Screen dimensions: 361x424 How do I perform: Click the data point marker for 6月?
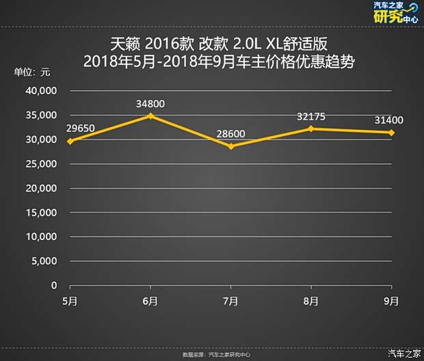point(150,116)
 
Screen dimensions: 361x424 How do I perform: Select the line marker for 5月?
point(70,141)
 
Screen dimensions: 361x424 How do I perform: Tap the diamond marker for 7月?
point(230,146)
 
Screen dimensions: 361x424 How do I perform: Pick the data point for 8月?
point(311,129)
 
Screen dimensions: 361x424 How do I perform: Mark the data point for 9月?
point(391,133)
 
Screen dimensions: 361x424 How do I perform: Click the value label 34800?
point(150,104)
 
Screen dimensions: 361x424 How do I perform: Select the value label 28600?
point(230,133)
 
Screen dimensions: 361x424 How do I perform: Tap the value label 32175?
point(311,116)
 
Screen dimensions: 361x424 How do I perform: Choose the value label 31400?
point(388,120)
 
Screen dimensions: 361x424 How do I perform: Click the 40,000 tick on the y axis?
point(42,91)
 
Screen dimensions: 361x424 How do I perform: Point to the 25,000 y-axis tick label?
point(42,164)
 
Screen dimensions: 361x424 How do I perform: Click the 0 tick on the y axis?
point(54,286)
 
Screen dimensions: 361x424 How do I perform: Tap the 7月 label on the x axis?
point(230,301)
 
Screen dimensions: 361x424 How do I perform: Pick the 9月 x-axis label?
point(391,301)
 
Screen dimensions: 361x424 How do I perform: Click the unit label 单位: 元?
point(32,72)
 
